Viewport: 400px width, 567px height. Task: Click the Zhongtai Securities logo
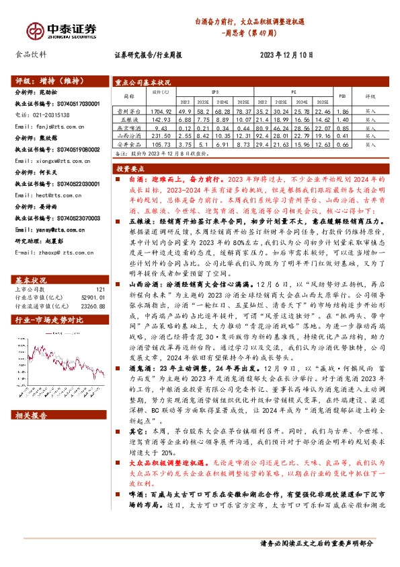coord(61,30)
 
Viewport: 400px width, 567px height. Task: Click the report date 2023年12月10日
coord(285,57)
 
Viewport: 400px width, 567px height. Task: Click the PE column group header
coord(294,89)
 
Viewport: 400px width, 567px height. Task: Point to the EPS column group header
coord(215,89)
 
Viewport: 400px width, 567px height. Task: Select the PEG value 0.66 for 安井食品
coord(342,144)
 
